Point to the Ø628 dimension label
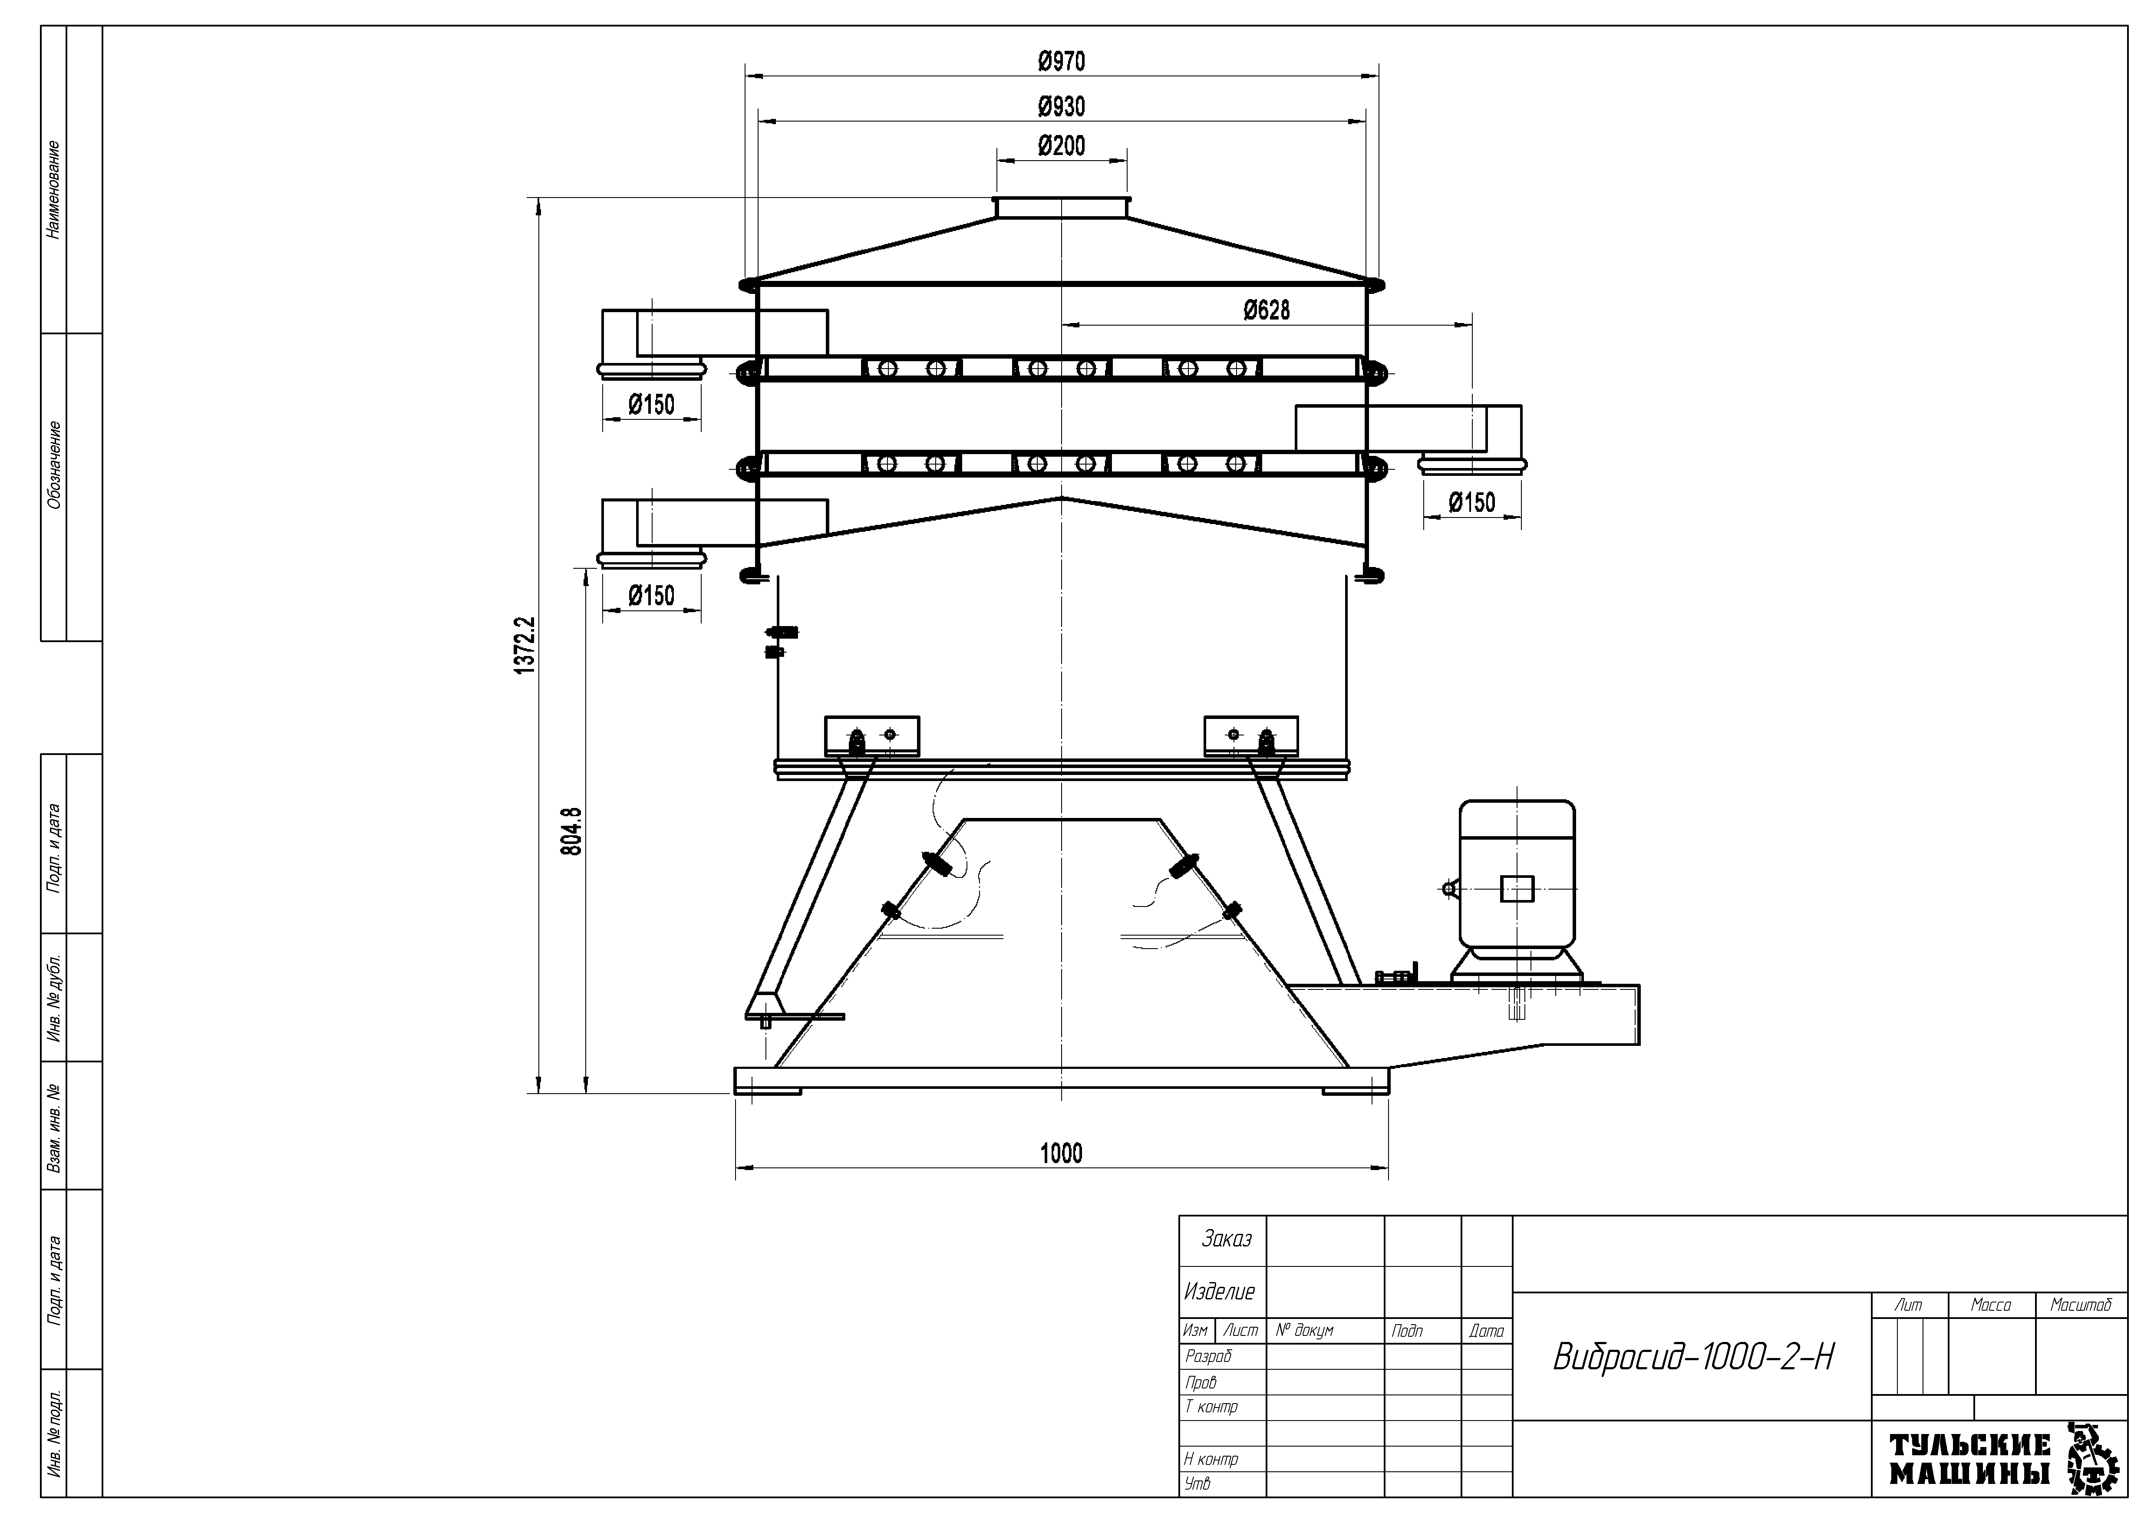tap(1267, 310)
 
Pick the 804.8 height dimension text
tap(571, 831)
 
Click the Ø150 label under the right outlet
tap(1472, 503)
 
